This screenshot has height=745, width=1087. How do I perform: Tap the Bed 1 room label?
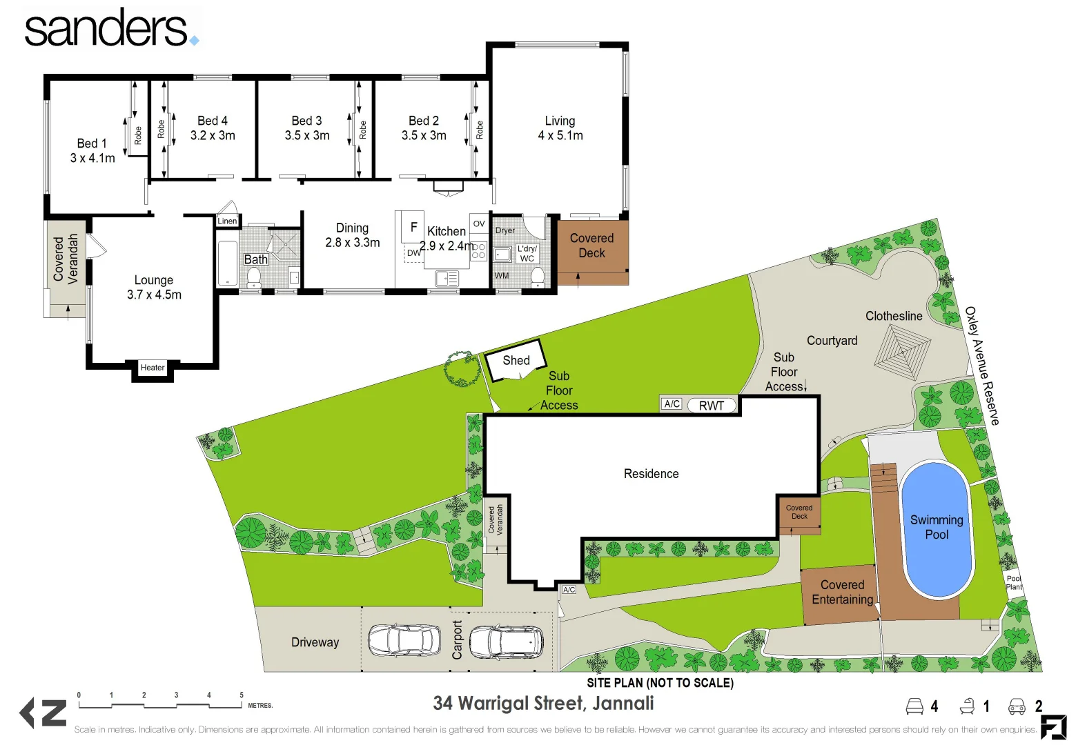tap(92, 150)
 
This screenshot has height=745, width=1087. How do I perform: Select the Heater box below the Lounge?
tap(153, 368)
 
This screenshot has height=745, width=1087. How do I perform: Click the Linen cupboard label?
tap(227, 221)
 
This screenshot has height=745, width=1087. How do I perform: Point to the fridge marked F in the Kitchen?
tap(413, 226)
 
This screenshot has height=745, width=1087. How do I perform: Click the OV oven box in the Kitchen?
tap(479, 223)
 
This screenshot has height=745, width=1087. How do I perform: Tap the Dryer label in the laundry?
tap(505, 230)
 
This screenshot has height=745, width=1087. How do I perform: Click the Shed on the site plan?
tap(516, 360)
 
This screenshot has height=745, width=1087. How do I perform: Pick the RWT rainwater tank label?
tap(712, 406)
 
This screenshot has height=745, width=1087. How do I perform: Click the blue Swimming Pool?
tap(937, 528)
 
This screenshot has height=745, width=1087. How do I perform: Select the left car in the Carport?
tap(404, 639)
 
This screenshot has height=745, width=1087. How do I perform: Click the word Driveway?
tap(315, 642)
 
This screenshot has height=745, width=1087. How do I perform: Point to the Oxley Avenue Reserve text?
tap(981, 366)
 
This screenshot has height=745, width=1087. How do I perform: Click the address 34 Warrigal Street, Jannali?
tap(543, 703)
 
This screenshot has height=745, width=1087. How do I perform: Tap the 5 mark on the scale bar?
tap(241, 695)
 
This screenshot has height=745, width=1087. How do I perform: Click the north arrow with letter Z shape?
tap(43, 713)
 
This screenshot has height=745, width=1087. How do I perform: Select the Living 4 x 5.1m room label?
tap(560, 128)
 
